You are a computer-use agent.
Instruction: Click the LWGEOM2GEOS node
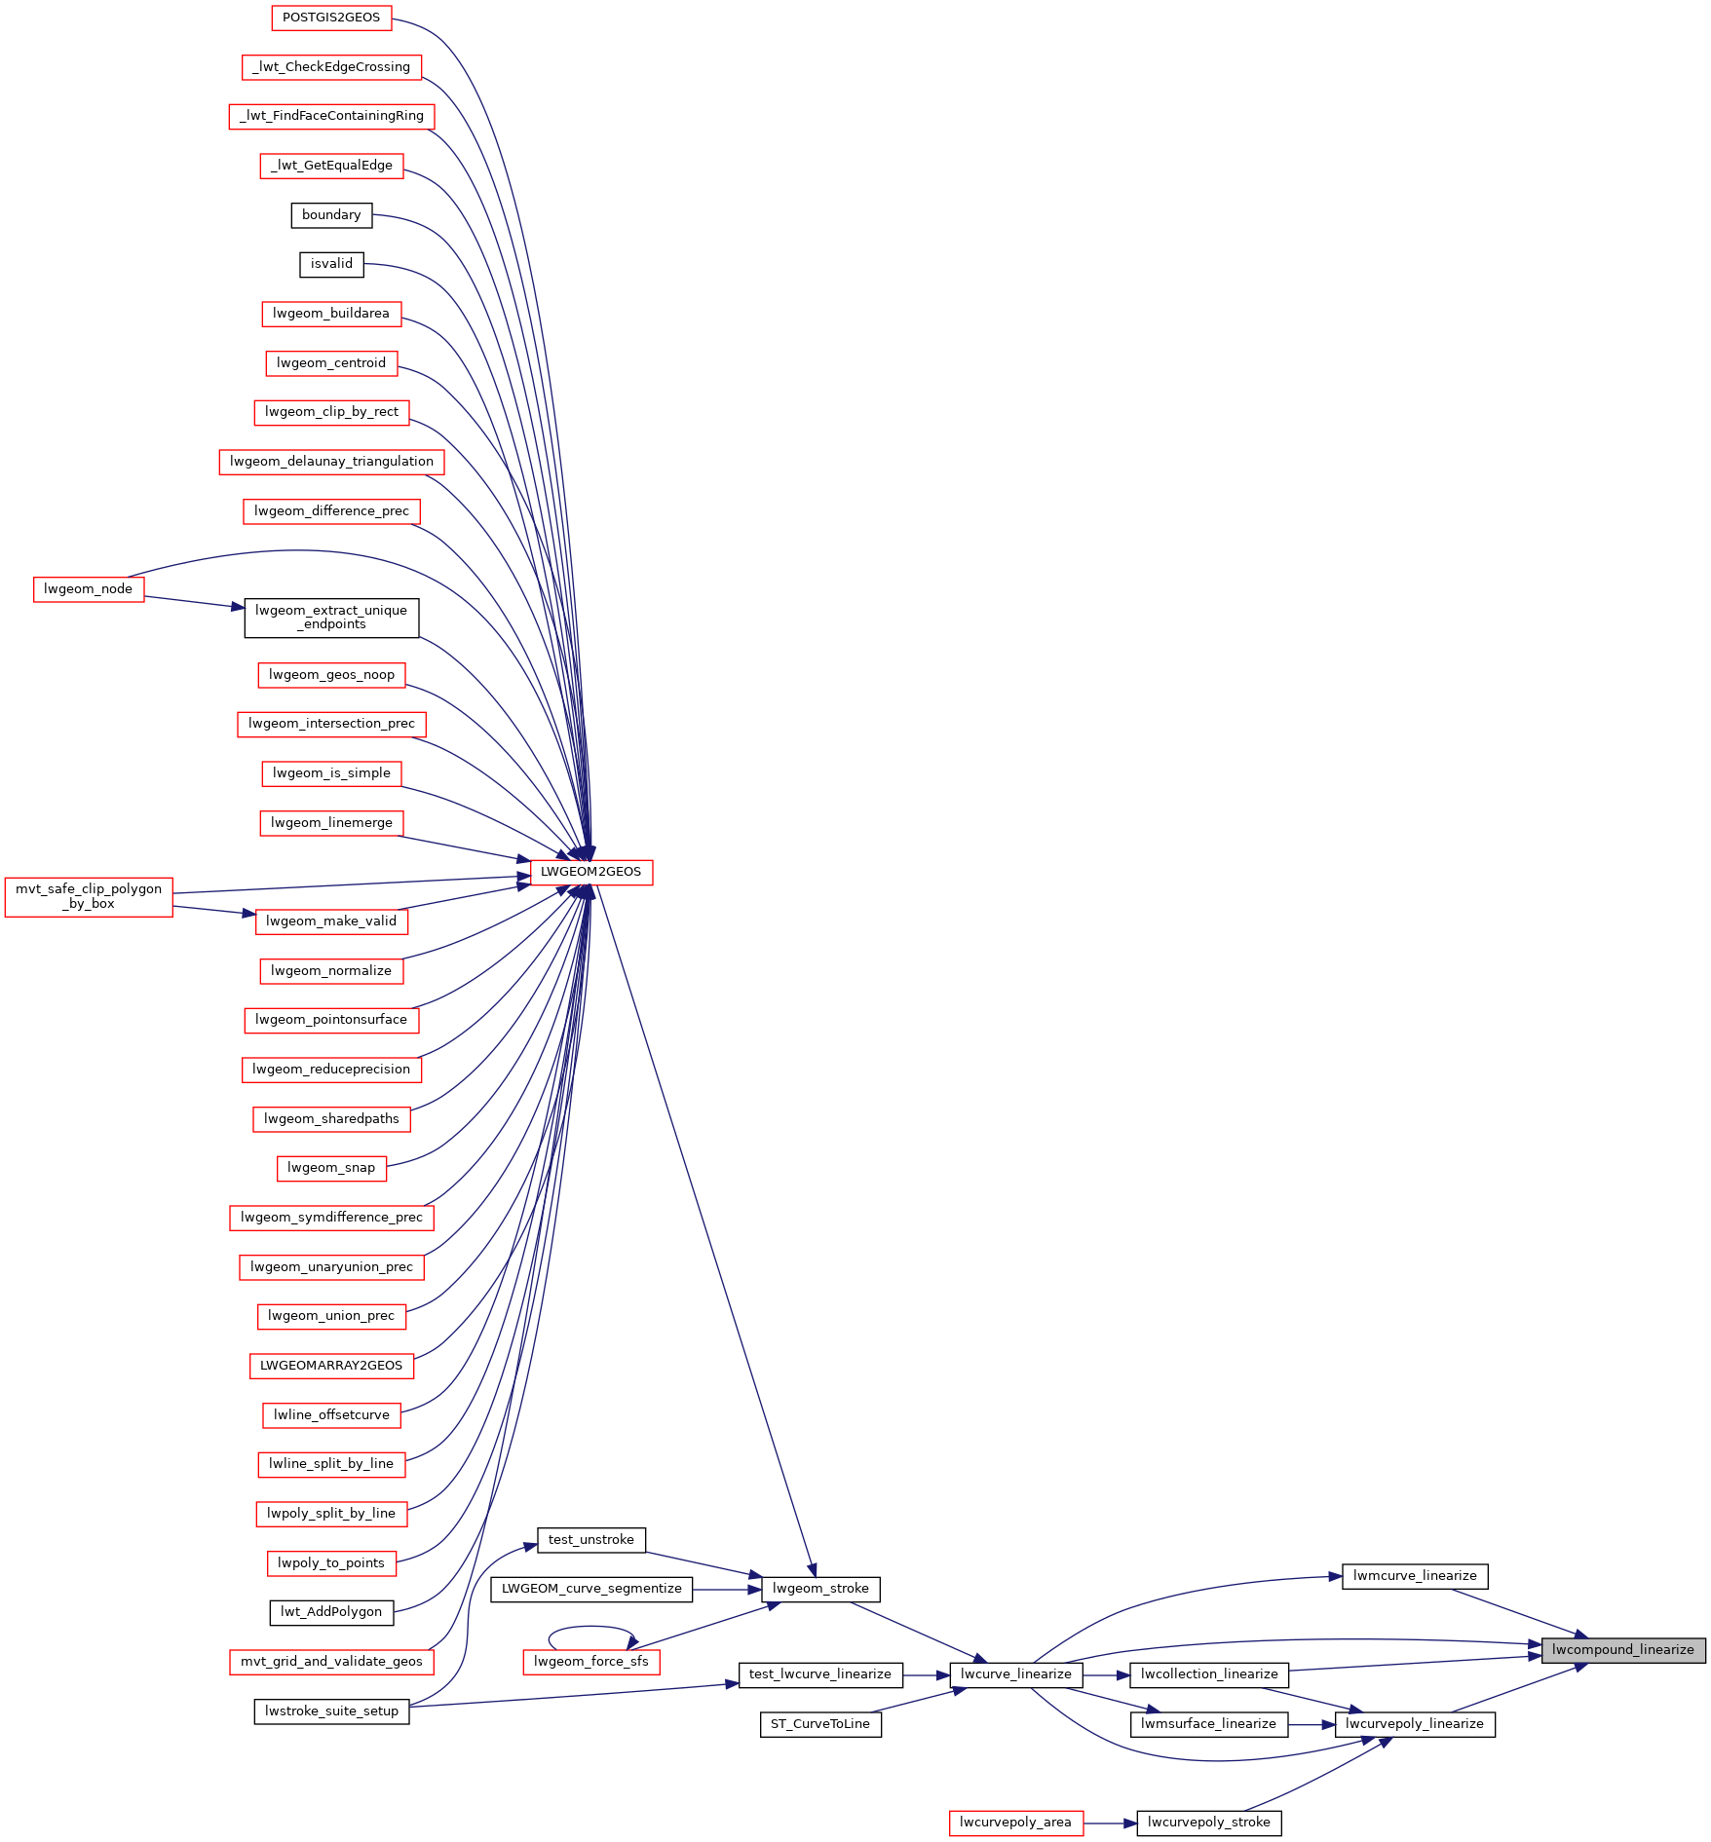pos(591,872)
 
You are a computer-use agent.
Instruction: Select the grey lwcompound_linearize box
pos(1623,1650)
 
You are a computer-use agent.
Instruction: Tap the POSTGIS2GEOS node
pos(331,18)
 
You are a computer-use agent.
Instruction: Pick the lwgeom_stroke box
pos(820,1589)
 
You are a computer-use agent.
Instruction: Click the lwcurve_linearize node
pos(1016,1674)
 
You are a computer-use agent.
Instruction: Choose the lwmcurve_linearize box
pos(1415,1576)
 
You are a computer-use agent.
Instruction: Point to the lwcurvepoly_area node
pos(1016,1823)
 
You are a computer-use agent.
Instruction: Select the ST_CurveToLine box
pos(820,1724)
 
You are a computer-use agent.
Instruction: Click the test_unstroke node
pos(591,1540)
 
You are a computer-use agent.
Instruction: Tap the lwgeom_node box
pos(89,589)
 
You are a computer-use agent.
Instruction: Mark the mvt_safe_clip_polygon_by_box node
pos(89,897)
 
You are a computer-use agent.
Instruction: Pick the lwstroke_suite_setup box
pos(331,1711)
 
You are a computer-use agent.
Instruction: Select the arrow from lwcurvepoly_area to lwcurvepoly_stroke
pos(1110,1823)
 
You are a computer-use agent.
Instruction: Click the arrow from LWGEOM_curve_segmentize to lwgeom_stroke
pos(727,1589)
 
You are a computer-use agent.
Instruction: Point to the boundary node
pos(331,215)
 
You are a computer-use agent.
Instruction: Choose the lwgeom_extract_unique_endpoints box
pos(331,619)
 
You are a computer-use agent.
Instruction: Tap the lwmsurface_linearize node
pos(1208,1724)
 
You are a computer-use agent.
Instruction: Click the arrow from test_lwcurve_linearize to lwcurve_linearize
pos(927,1674)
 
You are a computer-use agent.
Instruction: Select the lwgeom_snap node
pos(331,1168)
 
